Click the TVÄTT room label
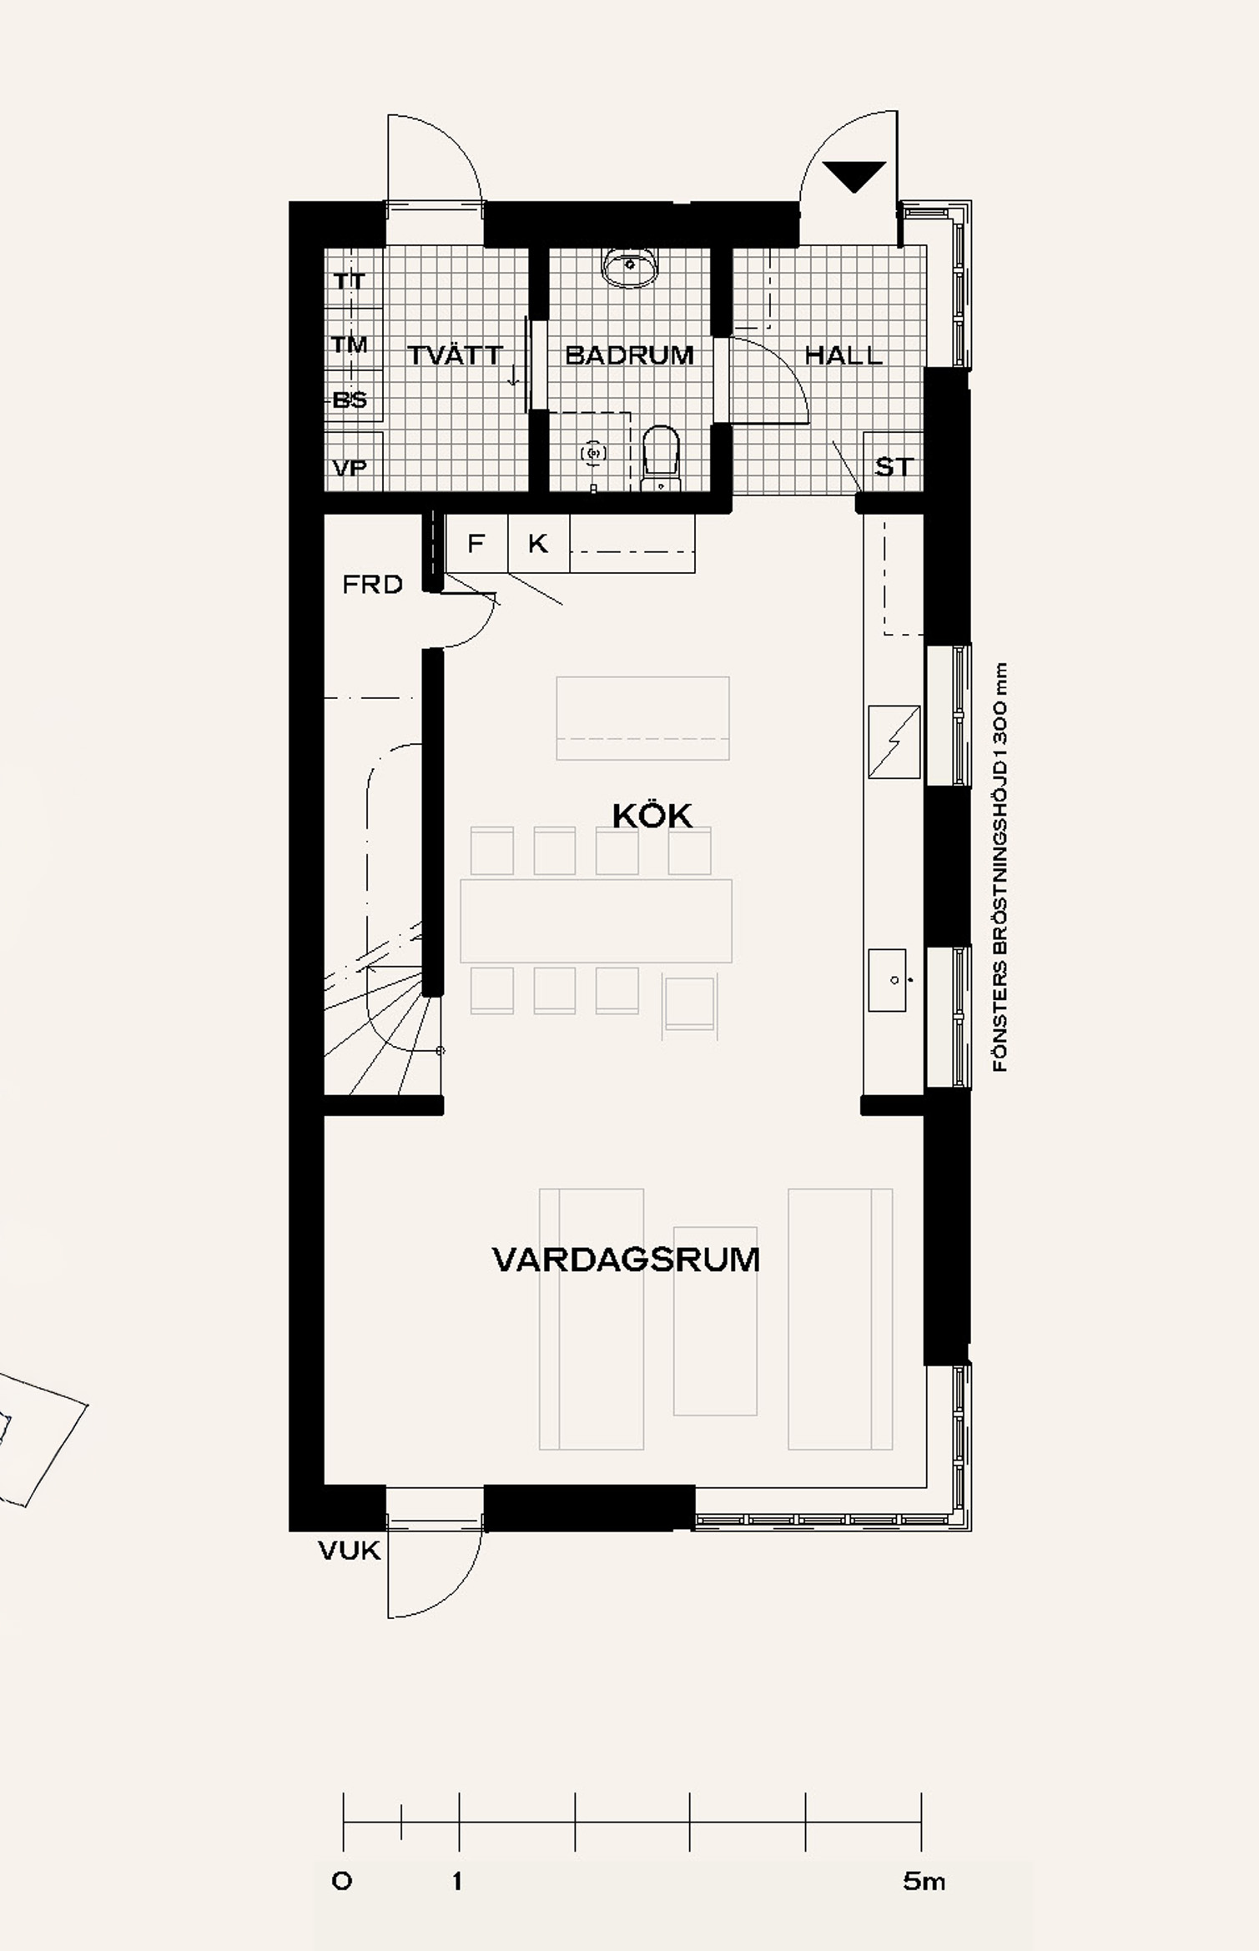click(455, 355)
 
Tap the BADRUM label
click(629, 355)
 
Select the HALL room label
click(844, 355)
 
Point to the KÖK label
click(652, 816)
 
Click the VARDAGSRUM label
click(627, 1260)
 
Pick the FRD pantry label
click(372, 585)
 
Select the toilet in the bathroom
click(662, 458)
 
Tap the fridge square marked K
click(539, 543)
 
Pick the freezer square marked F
click(477, 543)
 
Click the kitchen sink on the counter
click(888, 980)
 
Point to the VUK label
click(350, 1551)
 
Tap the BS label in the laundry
click(350, 400)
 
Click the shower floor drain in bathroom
click(593, 452)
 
